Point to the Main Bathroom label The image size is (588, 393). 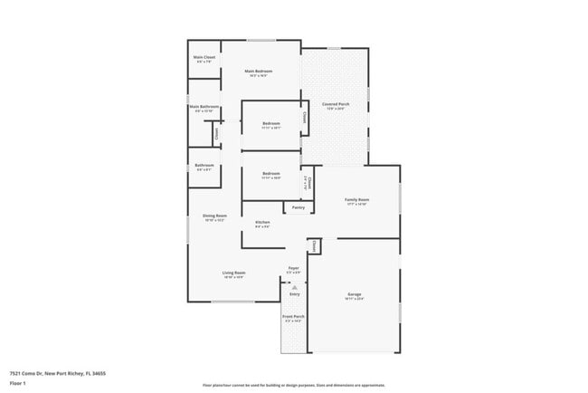[204, 108]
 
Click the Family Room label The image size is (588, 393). [357, 200]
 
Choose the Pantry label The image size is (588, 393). [298, 207]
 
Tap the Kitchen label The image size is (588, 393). [262, 223]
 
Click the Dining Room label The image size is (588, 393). [214, 216]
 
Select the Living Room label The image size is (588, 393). [234, 273]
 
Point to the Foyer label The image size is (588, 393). [294, 269]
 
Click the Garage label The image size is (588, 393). [355, 295]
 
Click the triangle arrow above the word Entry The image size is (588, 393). [294, 287]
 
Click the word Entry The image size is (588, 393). [294, 294]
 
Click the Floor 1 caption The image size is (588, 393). [18, 383]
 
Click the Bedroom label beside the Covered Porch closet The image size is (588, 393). [271, 124]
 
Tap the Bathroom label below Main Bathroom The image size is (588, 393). [204, 166]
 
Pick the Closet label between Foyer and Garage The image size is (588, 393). [313, 244]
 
